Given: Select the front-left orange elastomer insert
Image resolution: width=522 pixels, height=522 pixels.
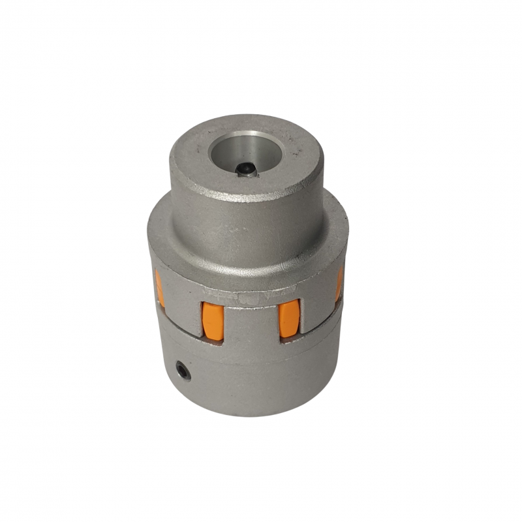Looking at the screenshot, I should [212, 320].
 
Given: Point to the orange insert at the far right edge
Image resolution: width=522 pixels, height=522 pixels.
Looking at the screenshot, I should [339, 284].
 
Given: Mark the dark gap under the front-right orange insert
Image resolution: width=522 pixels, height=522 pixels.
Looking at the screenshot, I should [290, 339].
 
